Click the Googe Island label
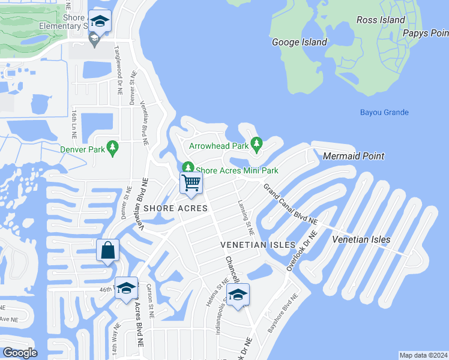(300, 42)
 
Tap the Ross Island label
(381, 20)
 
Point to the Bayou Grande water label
(384, 112)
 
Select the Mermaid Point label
(354, 156)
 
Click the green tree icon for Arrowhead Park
(257, 144)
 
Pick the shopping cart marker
(191, 183)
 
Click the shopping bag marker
(107, 250)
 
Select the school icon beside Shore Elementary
(99, 22)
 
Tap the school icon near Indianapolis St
(238, 294)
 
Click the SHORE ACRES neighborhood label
(175, 208)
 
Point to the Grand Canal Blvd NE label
(289, 203)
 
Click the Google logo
(20, 353)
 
